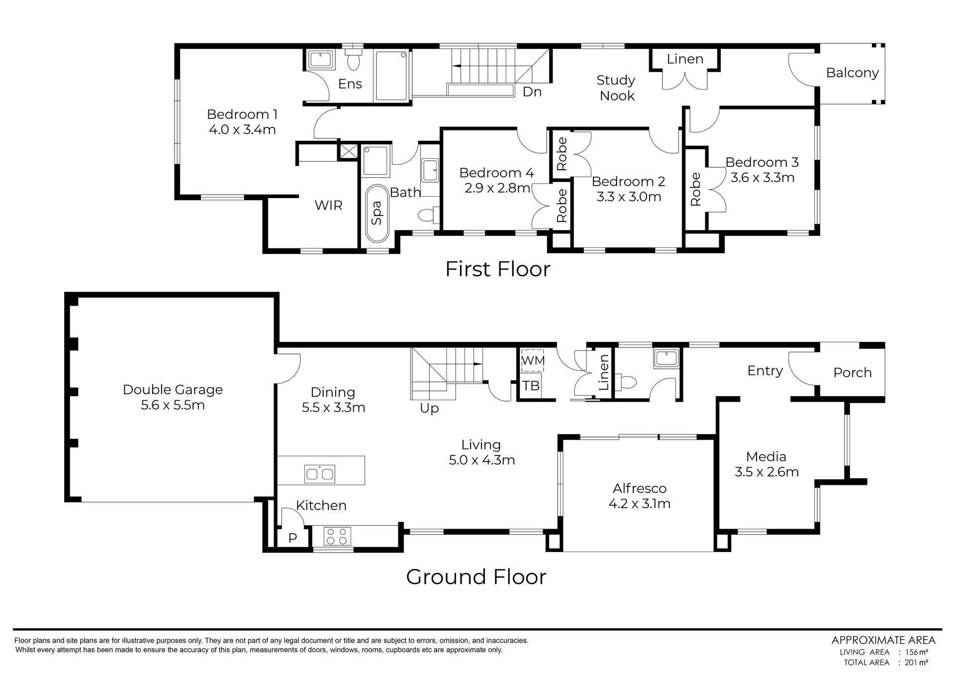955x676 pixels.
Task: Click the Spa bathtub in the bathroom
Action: [x=377, y=213]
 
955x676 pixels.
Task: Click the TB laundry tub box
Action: [x=531, y=386]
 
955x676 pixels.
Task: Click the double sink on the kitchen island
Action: [x=320, y=473]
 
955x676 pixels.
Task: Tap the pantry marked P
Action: [x=292, y=538]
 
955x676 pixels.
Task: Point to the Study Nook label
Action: [x=616, y=88]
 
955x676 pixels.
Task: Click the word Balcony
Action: [x=852, y=73]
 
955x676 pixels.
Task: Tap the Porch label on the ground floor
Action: [x=853, y=372]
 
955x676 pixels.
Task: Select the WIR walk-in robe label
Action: [x=329, y=205]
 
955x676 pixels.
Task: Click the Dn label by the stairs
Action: [x=532, y=92]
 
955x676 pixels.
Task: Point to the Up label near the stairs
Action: [x=429, y=409]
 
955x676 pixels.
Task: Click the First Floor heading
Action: [x=497, y=269]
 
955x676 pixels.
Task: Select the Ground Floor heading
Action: [x=476, y=576]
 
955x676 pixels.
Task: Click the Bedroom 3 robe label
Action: [x=695, y=189]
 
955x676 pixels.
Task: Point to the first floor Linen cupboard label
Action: [x=685, y=59]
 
